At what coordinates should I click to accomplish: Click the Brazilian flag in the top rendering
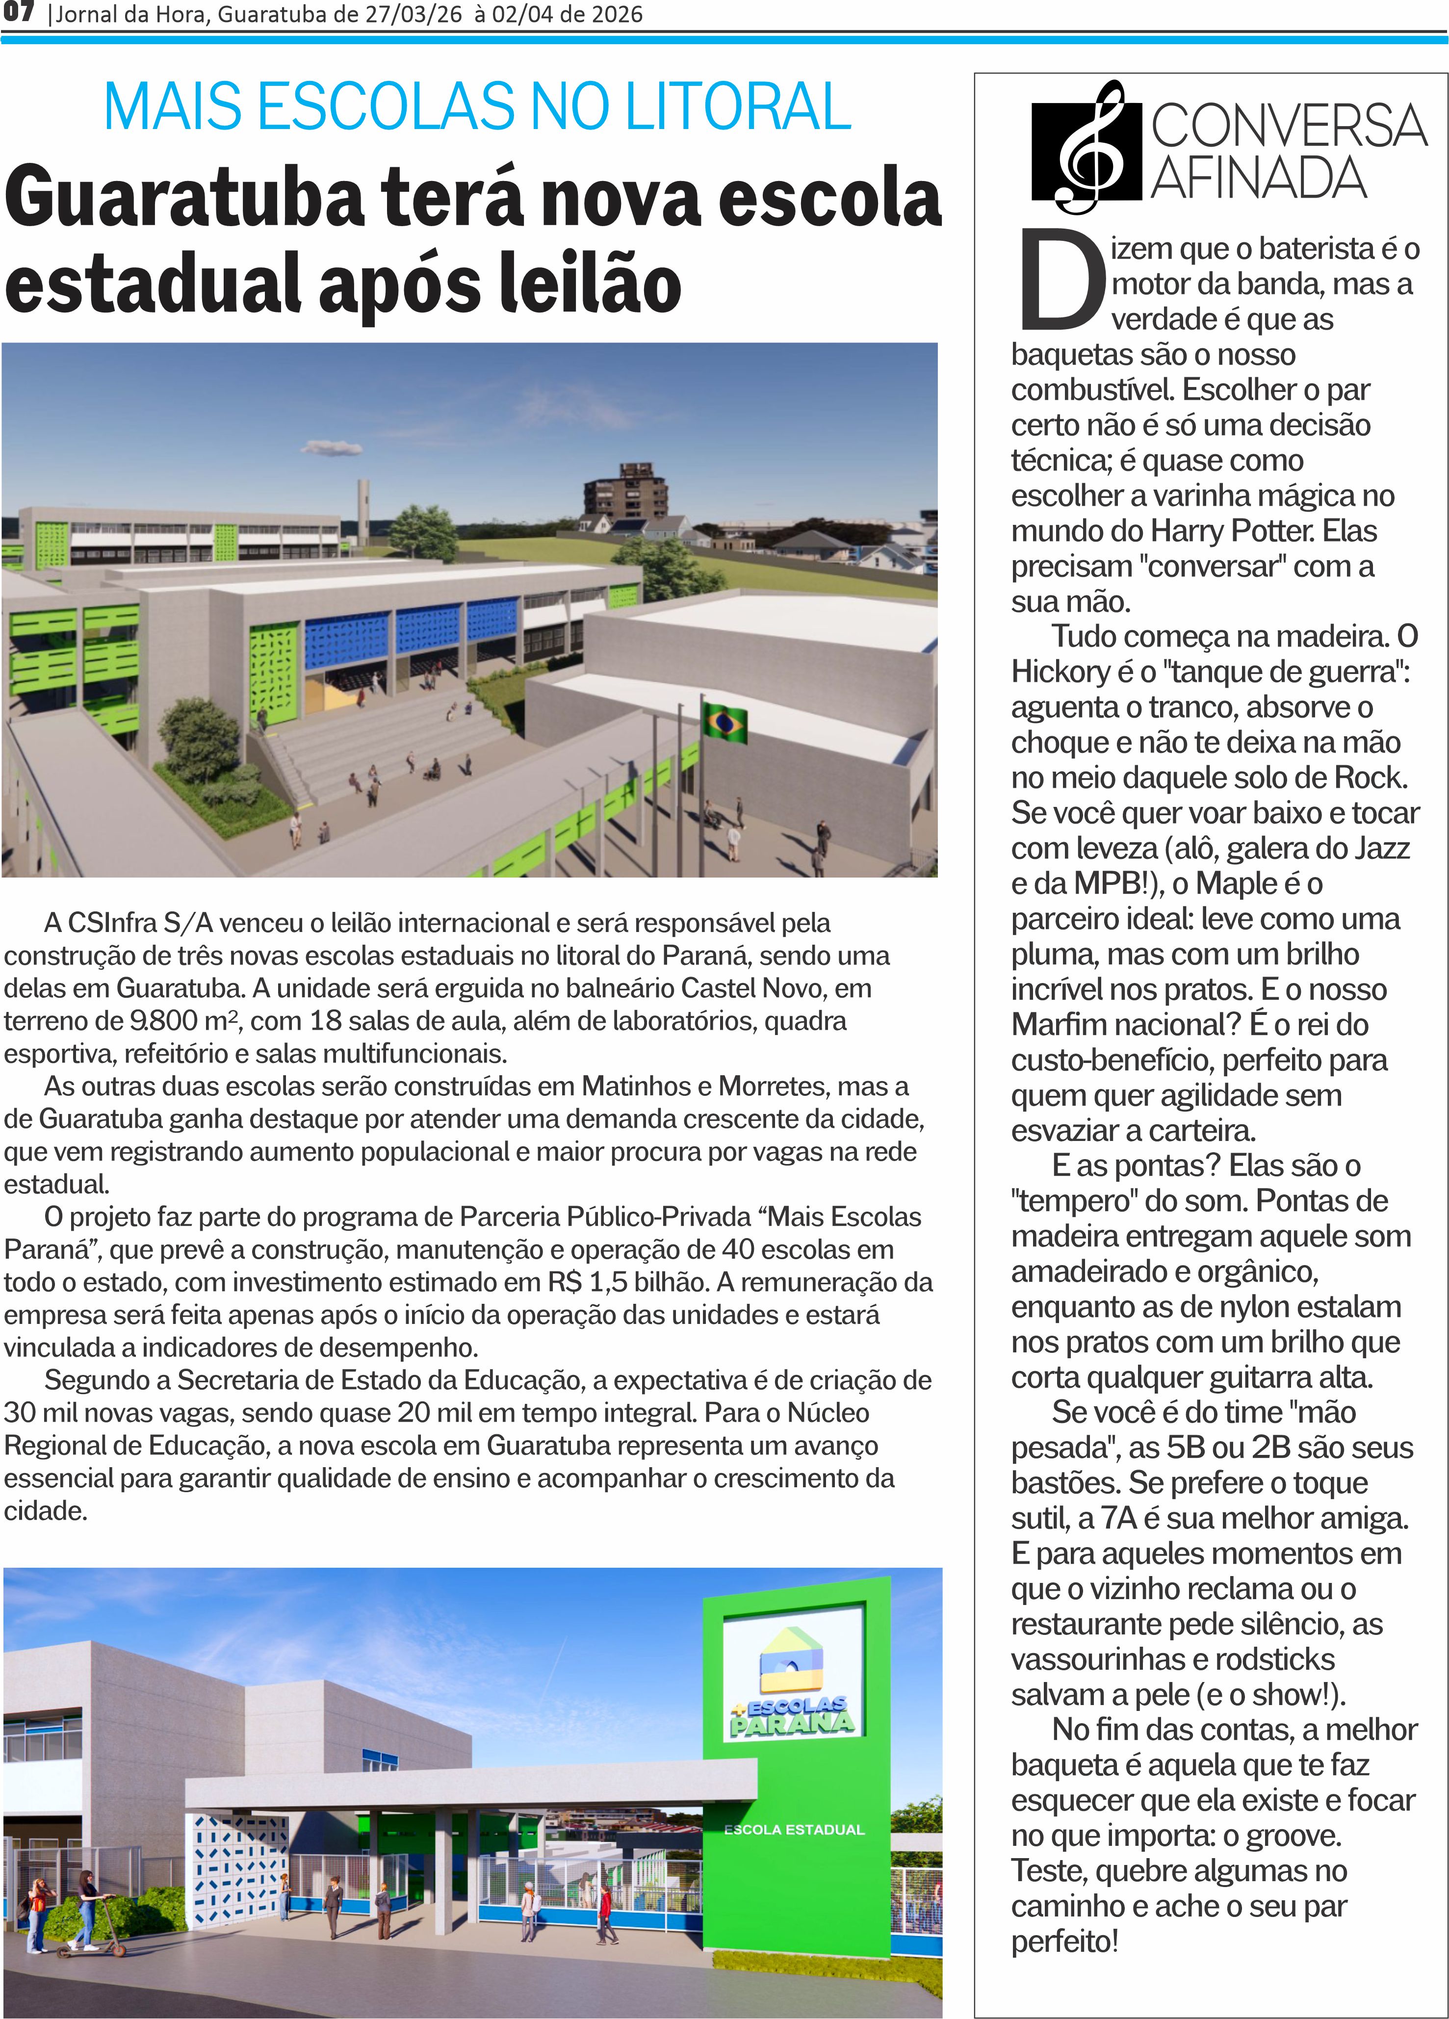pyautogui.click(x=725, y=723)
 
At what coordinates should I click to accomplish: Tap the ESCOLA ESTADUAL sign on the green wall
pyautogui.click(x=794, y=1829)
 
